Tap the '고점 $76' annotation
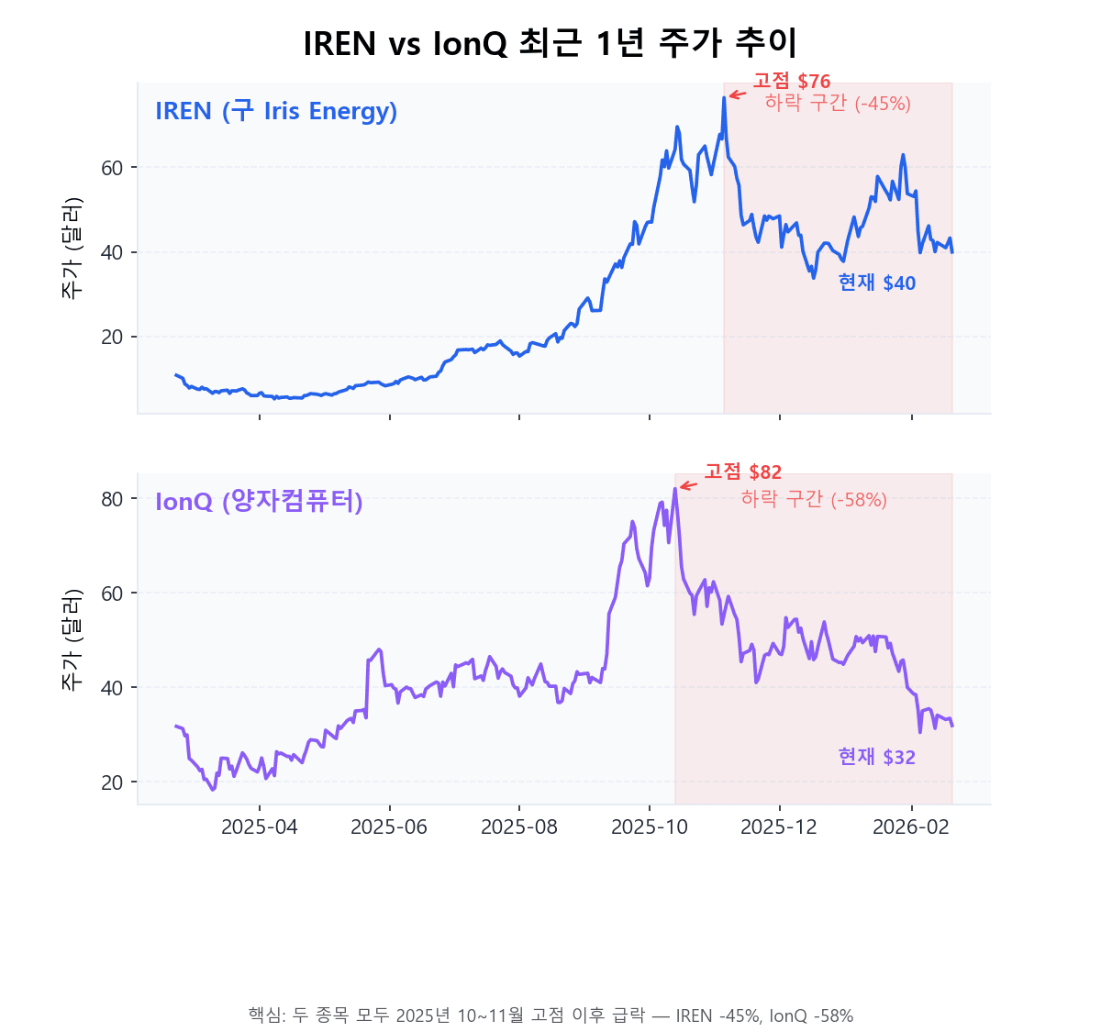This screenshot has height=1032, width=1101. click(791, 82)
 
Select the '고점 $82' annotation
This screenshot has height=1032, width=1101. click(742, 472)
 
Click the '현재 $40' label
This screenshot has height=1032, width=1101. click(876, 283)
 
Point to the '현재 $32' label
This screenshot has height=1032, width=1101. click(876, 757)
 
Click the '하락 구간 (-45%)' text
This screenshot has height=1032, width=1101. click(837, 104)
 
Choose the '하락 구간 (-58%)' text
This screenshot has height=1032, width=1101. click(813, 499)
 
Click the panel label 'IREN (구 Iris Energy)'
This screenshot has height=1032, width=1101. click(276, 112)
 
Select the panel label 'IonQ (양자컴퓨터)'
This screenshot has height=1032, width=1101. click(259, 502)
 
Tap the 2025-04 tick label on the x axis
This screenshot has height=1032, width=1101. click(260, 827)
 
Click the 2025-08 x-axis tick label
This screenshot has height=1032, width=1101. click(519, 827)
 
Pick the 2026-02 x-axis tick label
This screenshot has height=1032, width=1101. click(910, 827)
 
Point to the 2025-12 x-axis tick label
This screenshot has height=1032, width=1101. click(779, 827)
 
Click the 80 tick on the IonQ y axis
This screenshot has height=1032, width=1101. click(112, 499)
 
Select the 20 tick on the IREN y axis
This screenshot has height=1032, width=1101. click(112, 338)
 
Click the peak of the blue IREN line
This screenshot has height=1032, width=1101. click(724, 97)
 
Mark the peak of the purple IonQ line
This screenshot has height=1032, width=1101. click(675, 489)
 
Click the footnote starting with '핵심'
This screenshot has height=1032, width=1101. click(550, 1015)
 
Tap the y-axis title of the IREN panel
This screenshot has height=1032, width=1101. click(72, 248)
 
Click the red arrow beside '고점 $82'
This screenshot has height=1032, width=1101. click(689, 485)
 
